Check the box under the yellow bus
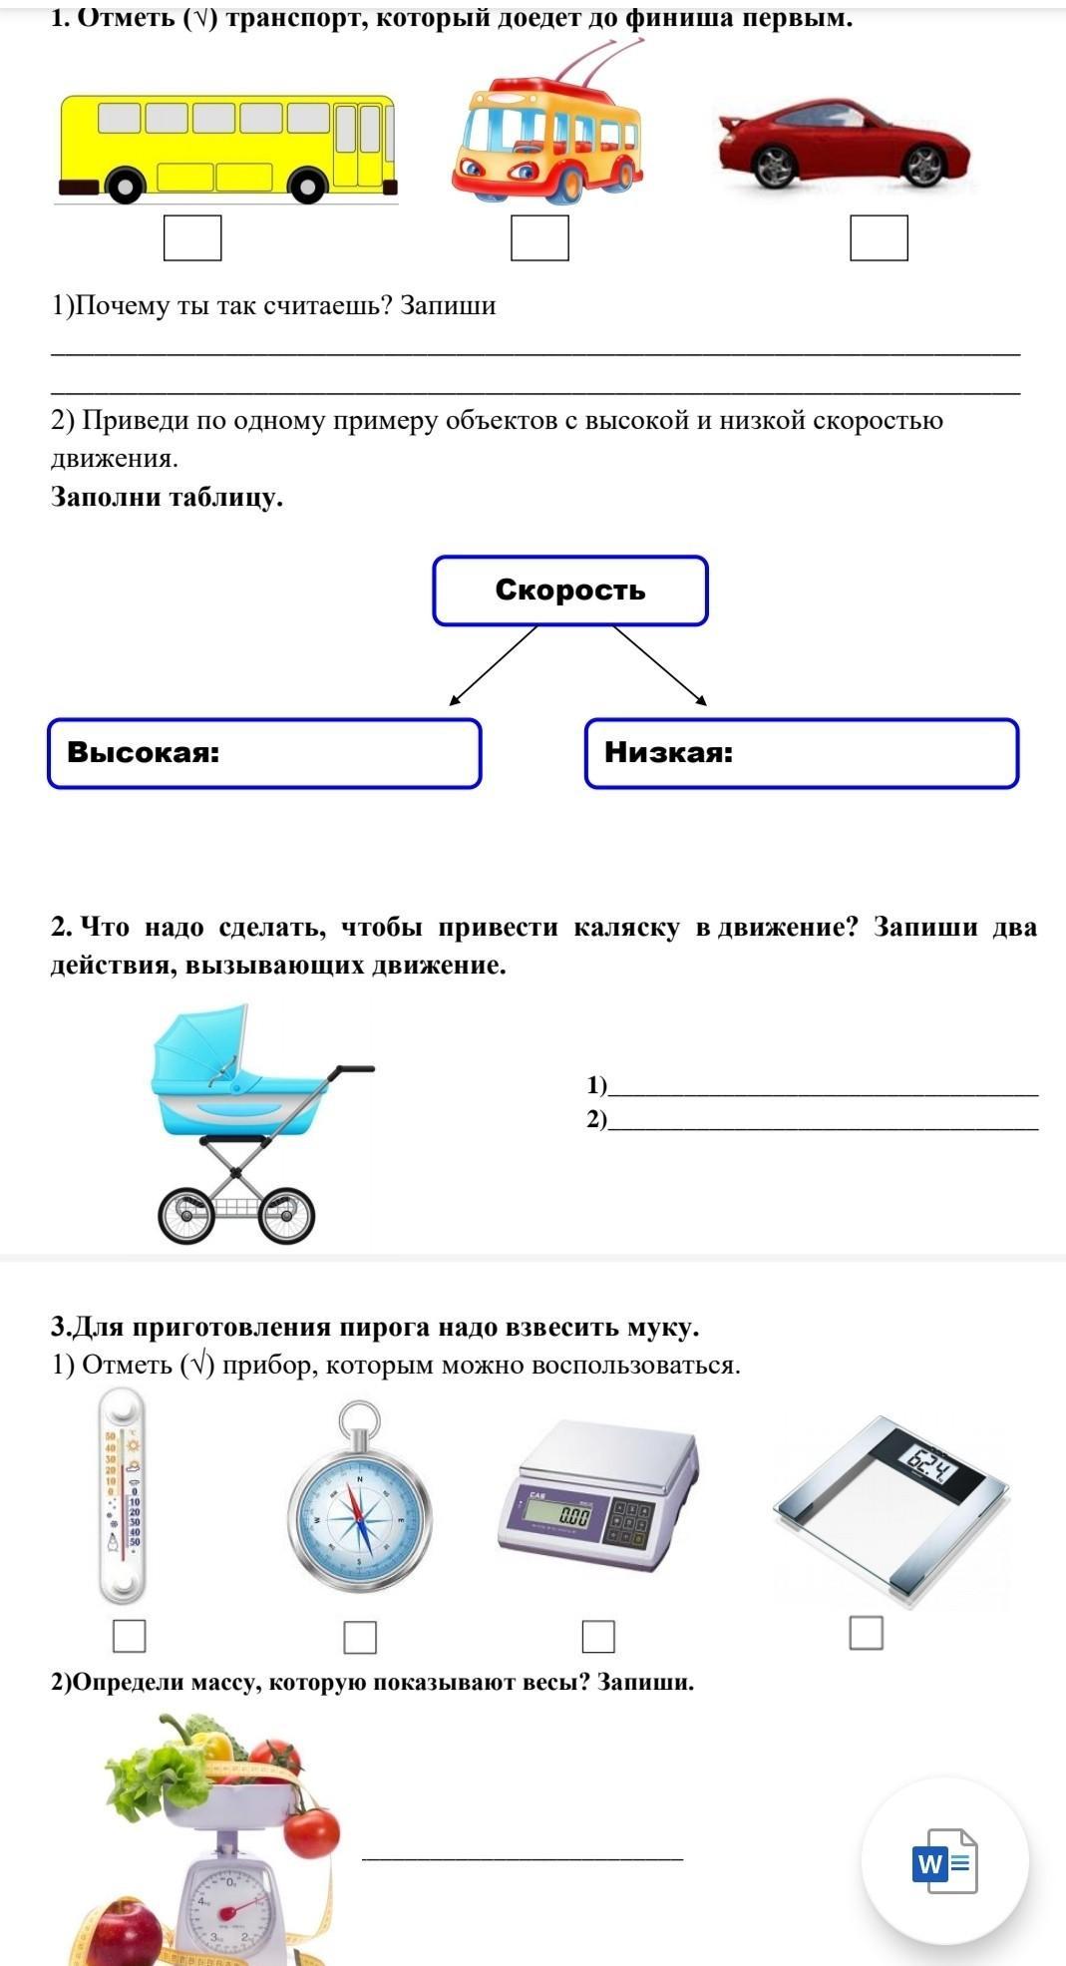(x=192, y=238)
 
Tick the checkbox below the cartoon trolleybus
(x=539, y=238)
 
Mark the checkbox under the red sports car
(x=879, y=238)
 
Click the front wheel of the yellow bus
(x=309, y=186)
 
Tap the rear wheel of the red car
(x=774, y=166)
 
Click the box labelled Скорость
(x=569, y=590)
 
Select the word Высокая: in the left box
(x=144, y=752)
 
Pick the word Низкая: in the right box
(x=668, y=752)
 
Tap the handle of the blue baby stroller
(x=354, y=1069)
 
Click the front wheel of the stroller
(x=286, y=1215)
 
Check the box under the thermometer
(x=130, y=1636)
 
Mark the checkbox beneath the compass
(x=360, y=1637)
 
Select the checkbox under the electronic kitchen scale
(x=598, y=1636)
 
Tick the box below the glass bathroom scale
(x=866, y=1633)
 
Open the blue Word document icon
(x=943, y=1860)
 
